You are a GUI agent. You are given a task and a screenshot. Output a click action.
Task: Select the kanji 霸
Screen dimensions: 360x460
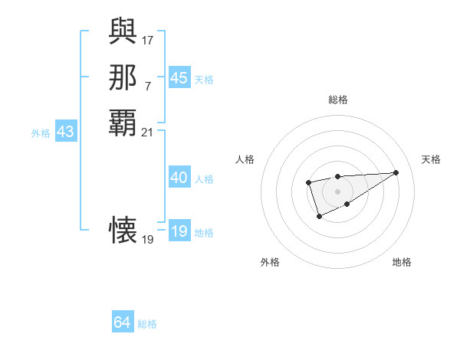[123, 122]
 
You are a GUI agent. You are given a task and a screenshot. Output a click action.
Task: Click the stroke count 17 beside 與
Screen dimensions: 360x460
[148, 39]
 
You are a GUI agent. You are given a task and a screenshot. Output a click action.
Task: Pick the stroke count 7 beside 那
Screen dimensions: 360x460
[148, 85]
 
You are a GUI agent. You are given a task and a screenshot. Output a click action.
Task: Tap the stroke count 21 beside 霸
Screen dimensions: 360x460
[148, 132]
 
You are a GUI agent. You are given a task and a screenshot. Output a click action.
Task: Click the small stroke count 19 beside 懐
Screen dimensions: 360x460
[148, 239]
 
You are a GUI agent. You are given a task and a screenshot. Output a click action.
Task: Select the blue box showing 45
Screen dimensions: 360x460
[179, 78]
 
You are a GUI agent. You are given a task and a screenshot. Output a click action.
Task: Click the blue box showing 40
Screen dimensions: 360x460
[179, 178]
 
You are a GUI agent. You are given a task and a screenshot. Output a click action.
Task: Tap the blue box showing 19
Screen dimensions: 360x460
[179, 231]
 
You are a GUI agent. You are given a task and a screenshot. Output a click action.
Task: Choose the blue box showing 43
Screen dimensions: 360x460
[65, 132]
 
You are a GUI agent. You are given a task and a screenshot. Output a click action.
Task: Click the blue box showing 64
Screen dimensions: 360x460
[123, 322]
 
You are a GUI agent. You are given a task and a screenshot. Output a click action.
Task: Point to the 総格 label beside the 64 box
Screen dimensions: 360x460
[147, 324]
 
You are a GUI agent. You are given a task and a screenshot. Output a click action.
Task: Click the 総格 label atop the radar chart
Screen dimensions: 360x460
[337, 100]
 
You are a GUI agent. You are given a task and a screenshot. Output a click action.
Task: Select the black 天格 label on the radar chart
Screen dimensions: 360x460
[431, 159]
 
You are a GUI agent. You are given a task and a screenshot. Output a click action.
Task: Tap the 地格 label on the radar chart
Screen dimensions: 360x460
[402, 262]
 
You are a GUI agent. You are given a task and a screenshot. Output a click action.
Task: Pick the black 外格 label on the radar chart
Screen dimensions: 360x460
[270, 262]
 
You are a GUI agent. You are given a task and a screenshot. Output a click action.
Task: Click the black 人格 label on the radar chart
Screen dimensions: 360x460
[245, 159]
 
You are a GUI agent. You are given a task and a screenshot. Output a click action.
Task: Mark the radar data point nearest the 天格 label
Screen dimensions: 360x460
[396, 172]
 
